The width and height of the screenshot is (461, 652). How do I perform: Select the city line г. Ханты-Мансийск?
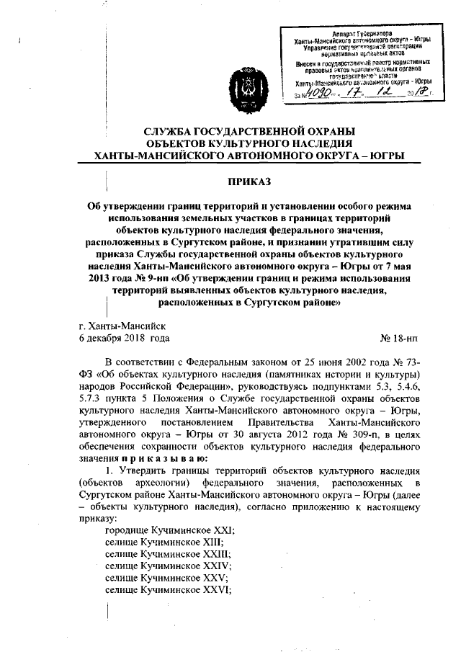(x=123, y=325)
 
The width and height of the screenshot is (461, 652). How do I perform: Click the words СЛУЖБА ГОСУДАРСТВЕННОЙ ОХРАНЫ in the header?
(x=240, y=131)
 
